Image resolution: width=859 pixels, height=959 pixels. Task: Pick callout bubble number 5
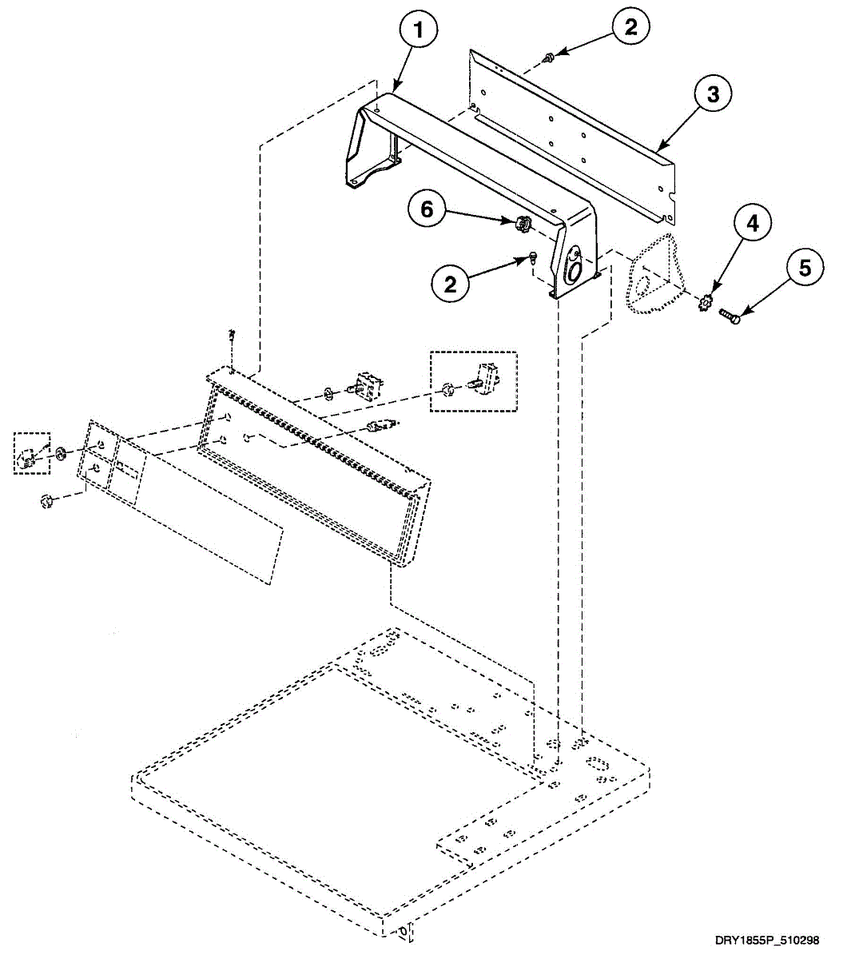pyautogui.click(x=804, y=268)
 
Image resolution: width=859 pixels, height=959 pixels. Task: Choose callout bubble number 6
pyautogui.click(x=428, y=209)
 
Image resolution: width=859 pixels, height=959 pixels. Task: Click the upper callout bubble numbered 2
pyautogui.click(x=631, y=27)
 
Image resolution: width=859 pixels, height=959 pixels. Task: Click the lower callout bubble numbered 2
pyautogui.click(x=451, y=284)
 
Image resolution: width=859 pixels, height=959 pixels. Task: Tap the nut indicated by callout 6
pyautogui.click(x=521, y=224)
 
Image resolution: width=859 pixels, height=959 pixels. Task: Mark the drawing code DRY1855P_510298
pyautogui.click(x=766, y=941)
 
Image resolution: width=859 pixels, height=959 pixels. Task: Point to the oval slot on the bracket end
pyautogui.click(x=573, y=269)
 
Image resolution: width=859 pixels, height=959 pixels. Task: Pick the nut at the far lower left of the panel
pyautogui.click(x=46, y=501)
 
